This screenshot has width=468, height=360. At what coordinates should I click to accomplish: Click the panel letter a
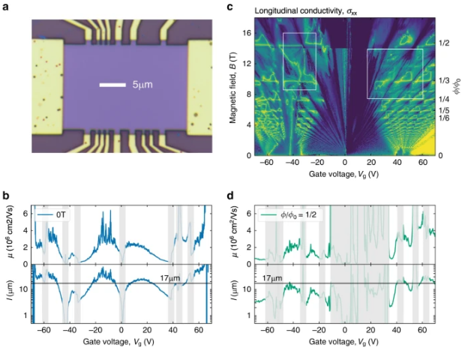point(7,8)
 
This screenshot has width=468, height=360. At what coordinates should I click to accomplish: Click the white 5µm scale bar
point(112,85)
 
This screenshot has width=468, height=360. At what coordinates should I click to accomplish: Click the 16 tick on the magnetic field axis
point(244,33)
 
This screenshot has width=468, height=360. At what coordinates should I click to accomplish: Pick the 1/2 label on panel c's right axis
point(444,43)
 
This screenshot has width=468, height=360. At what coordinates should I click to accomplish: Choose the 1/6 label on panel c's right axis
point(444,118)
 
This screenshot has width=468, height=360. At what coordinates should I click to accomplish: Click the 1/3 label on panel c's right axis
point(444,80)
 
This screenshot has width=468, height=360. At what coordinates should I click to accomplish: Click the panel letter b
point(7,196)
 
